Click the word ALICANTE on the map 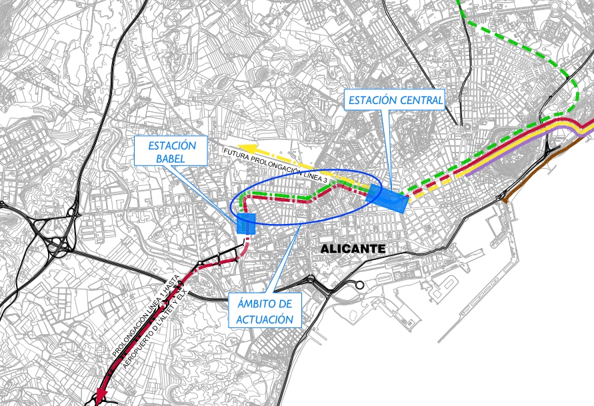pos(353,249)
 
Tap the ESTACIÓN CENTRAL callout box pos(395,101)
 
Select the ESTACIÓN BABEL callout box pos(171,151)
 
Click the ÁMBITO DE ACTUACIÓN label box pos(264,311)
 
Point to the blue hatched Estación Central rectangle pos(387,199)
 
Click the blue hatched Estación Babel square pos(246,224)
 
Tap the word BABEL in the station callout pos(171,159)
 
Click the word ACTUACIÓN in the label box pos(264,319)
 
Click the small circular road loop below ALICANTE pos(360,285)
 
